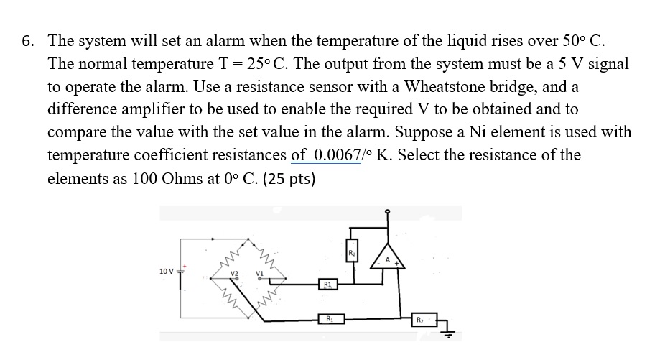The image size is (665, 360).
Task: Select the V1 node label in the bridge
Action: point(261,274)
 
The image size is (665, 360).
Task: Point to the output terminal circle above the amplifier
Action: point(389,212)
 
